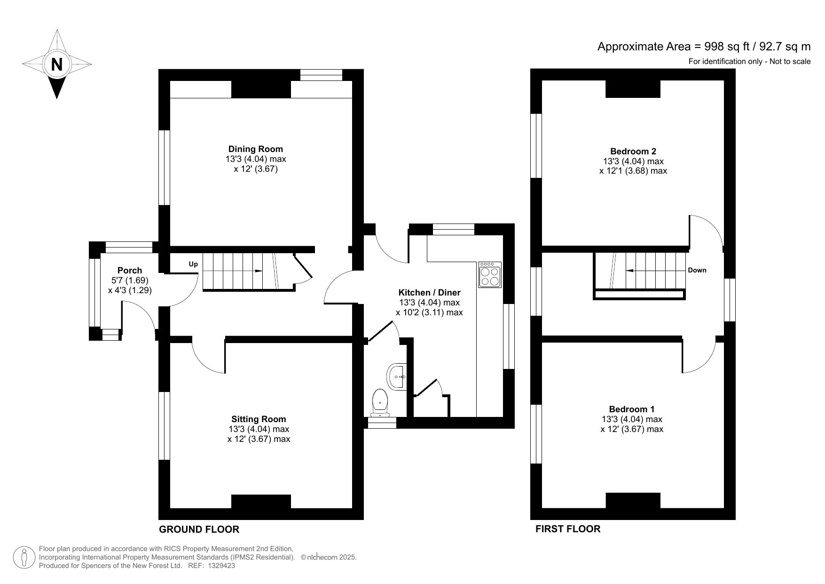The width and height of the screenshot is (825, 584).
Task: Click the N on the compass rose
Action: (x=56, y=64)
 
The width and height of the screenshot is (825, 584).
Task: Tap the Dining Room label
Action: (x=256, y=149)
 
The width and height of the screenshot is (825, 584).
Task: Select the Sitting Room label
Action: (x=259, y=419)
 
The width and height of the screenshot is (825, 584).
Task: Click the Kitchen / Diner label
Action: (x=429, y=292)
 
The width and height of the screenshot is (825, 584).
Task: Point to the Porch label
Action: (x=130, y=270)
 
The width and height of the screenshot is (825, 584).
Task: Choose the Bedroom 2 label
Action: (x=633, y=151)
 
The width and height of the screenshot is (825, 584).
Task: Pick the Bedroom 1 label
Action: (x=632, y=409)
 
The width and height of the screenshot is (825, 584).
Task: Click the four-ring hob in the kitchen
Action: (x=490, y=275)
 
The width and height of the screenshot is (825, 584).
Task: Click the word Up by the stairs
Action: (x=193, y=264)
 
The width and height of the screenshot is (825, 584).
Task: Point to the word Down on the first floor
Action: (x=697, y=270)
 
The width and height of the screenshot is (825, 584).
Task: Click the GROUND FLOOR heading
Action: (x=199, y=529)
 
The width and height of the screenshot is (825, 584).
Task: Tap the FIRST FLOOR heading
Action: (x=568, y=529)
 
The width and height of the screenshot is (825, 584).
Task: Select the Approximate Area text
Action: (x=704, y=46)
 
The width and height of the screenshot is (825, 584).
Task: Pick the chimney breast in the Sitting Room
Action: (x=261, y=502)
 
